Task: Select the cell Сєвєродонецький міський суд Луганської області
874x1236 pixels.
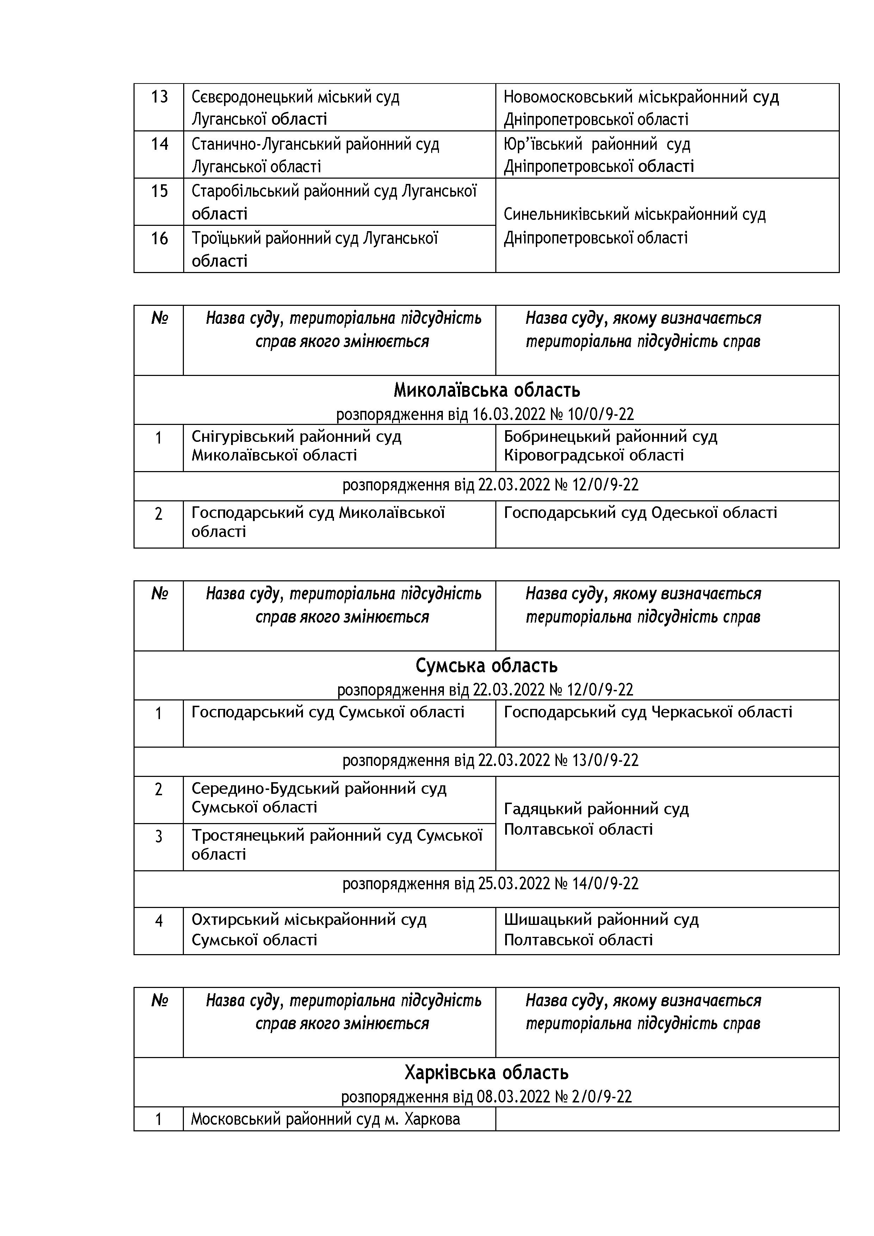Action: click(296, 108)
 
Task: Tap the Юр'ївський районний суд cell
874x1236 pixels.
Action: click(598, 155)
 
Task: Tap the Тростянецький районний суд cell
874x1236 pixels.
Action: click(337, 845)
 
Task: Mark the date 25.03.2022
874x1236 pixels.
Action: click(514, 884)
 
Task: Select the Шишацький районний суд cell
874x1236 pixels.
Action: click(601, 930)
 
